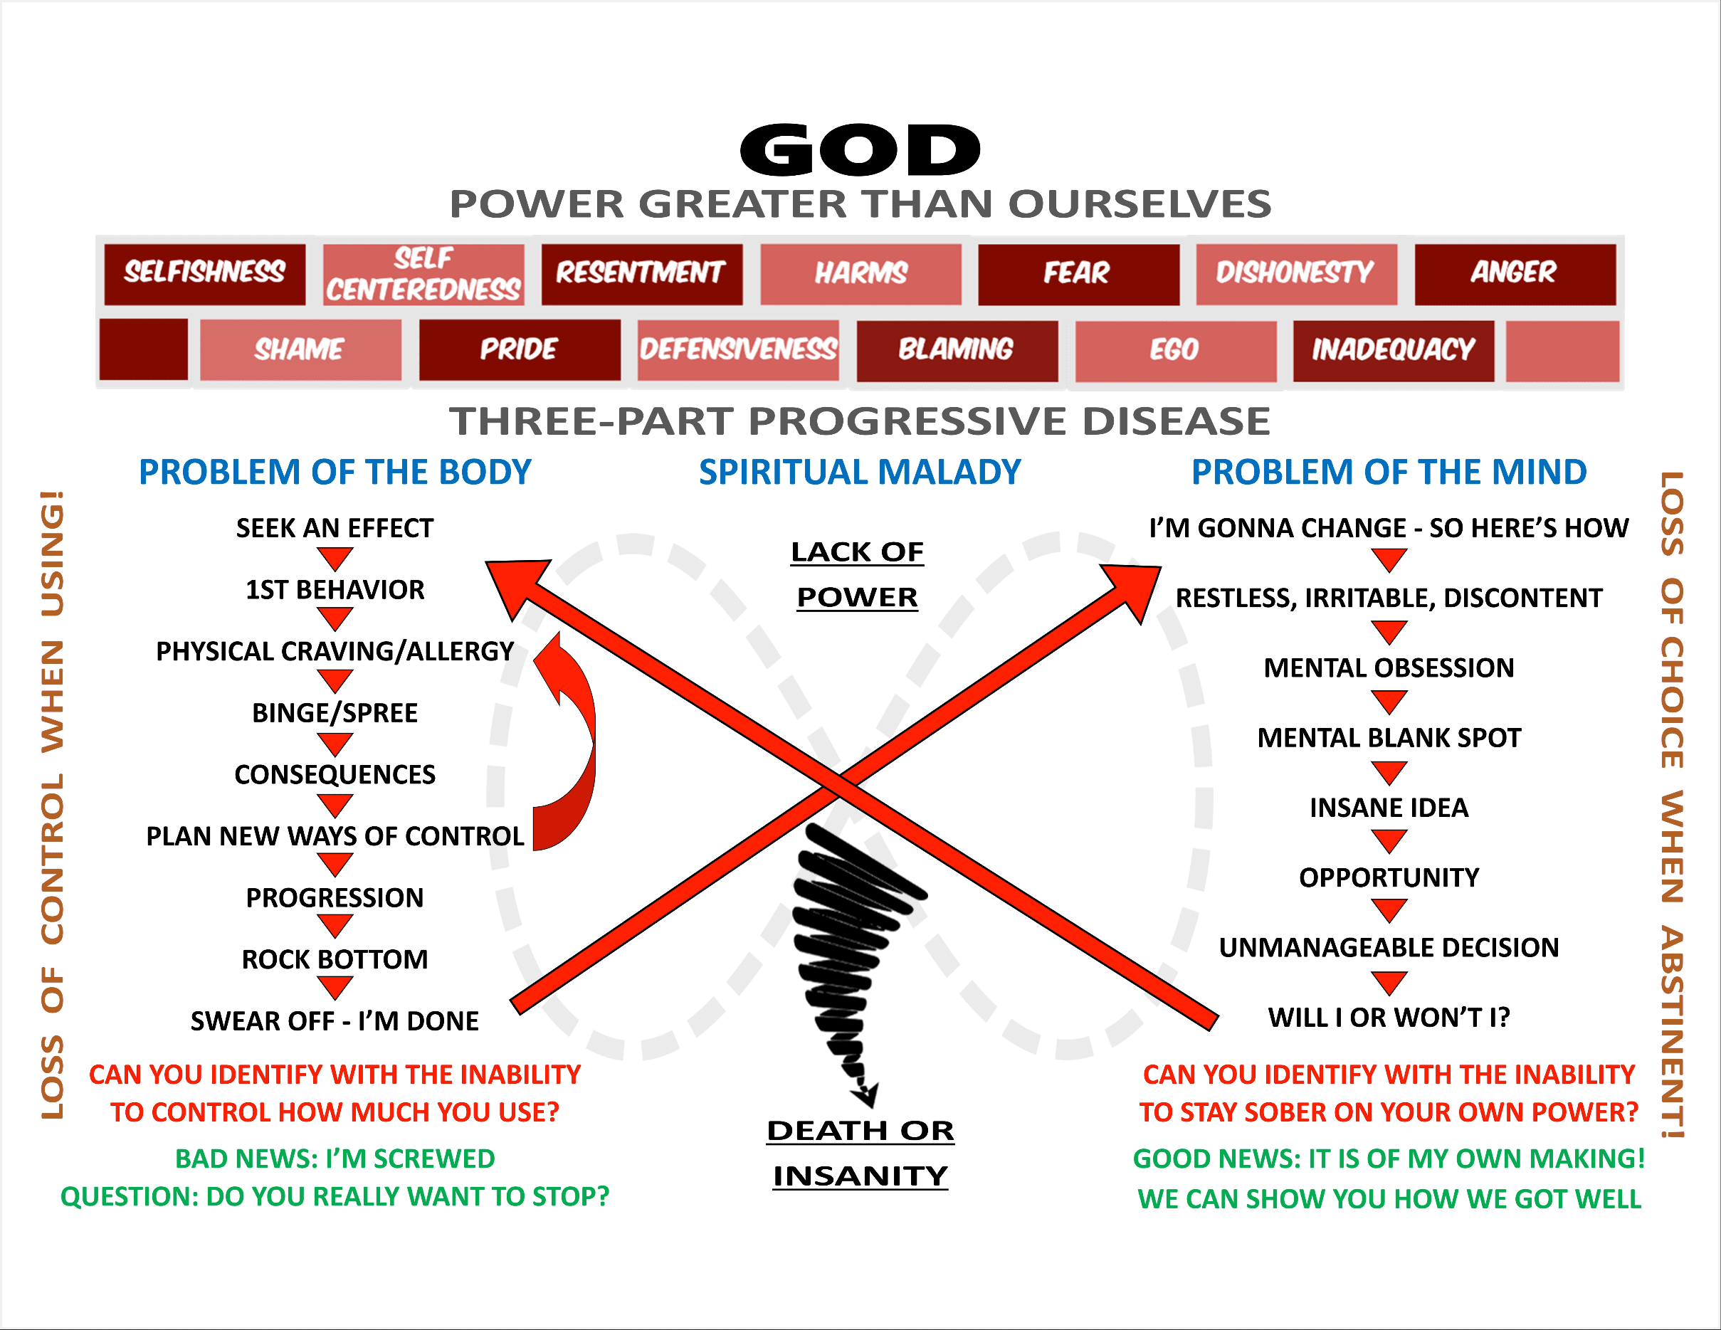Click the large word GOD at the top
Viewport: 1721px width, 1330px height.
(x=860, y=149)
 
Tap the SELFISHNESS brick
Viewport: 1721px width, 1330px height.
(x=205, y=274)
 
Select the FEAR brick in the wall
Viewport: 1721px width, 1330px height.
(x=1079, y=274)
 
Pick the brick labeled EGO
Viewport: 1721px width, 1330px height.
(x=1176, y=351)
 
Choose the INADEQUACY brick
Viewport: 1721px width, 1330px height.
(x=1393, y=351)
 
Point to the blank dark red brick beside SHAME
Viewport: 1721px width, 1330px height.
(x=144, y=349)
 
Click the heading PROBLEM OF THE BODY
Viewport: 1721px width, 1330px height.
(x=335, y=472)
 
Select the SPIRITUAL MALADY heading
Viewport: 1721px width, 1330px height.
(x=860, y=472)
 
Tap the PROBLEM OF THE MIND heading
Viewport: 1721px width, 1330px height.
(x=1389, y=472)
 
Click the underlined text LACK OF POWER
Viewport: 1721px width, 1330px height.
(x=858, y=574)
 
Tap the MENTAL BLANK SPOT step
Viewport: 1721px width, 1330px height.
(x=1389, y=738)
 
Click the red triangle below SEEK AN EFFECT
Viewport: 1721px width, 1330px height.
(x=335, y=559)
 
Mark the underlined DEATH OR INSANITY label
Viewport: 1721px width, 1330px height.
(x=860, y=1154)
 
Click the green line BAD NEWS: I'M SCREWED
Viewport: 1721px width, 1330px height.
(x=335, y=1159)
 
